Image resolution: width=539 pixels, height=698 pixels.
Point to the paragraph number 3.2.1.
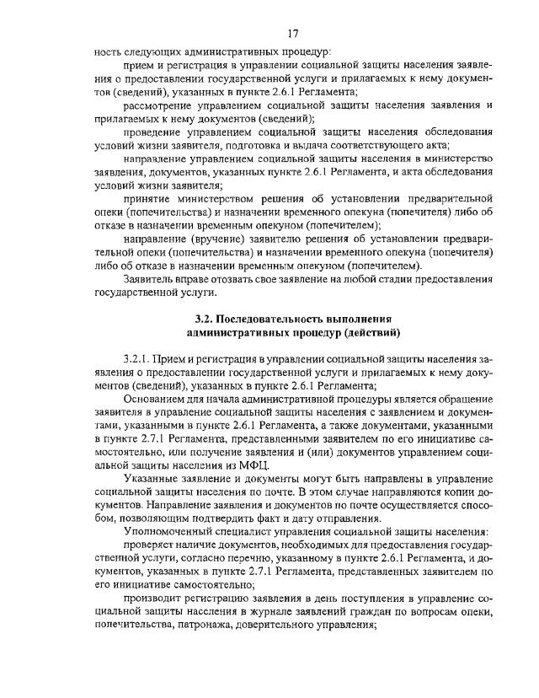click(x=138, y=360)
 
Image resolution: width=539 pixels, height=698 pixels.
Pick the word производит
click(x=157, y=599)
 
